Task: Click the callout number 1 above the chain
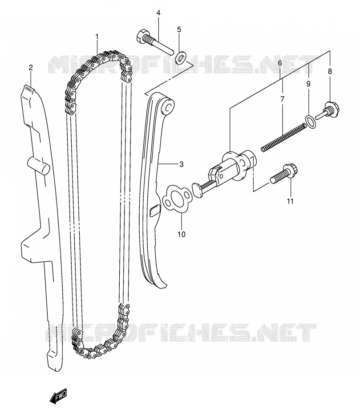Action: point(97,37)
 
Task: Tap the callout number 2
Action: point(31,68)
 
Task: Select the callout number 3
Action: point(181,164)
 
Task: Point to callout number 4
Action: point(158,12)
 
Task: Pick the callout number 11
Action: point(290,201)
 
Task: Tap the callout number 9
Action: point(308,84)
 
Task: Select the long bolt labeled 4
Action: point(156,42)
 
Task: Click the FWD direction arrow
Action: point(58,396)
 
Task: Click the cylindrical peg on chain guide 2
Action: point(39,165)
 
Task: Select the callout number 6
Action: point(280,63)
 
